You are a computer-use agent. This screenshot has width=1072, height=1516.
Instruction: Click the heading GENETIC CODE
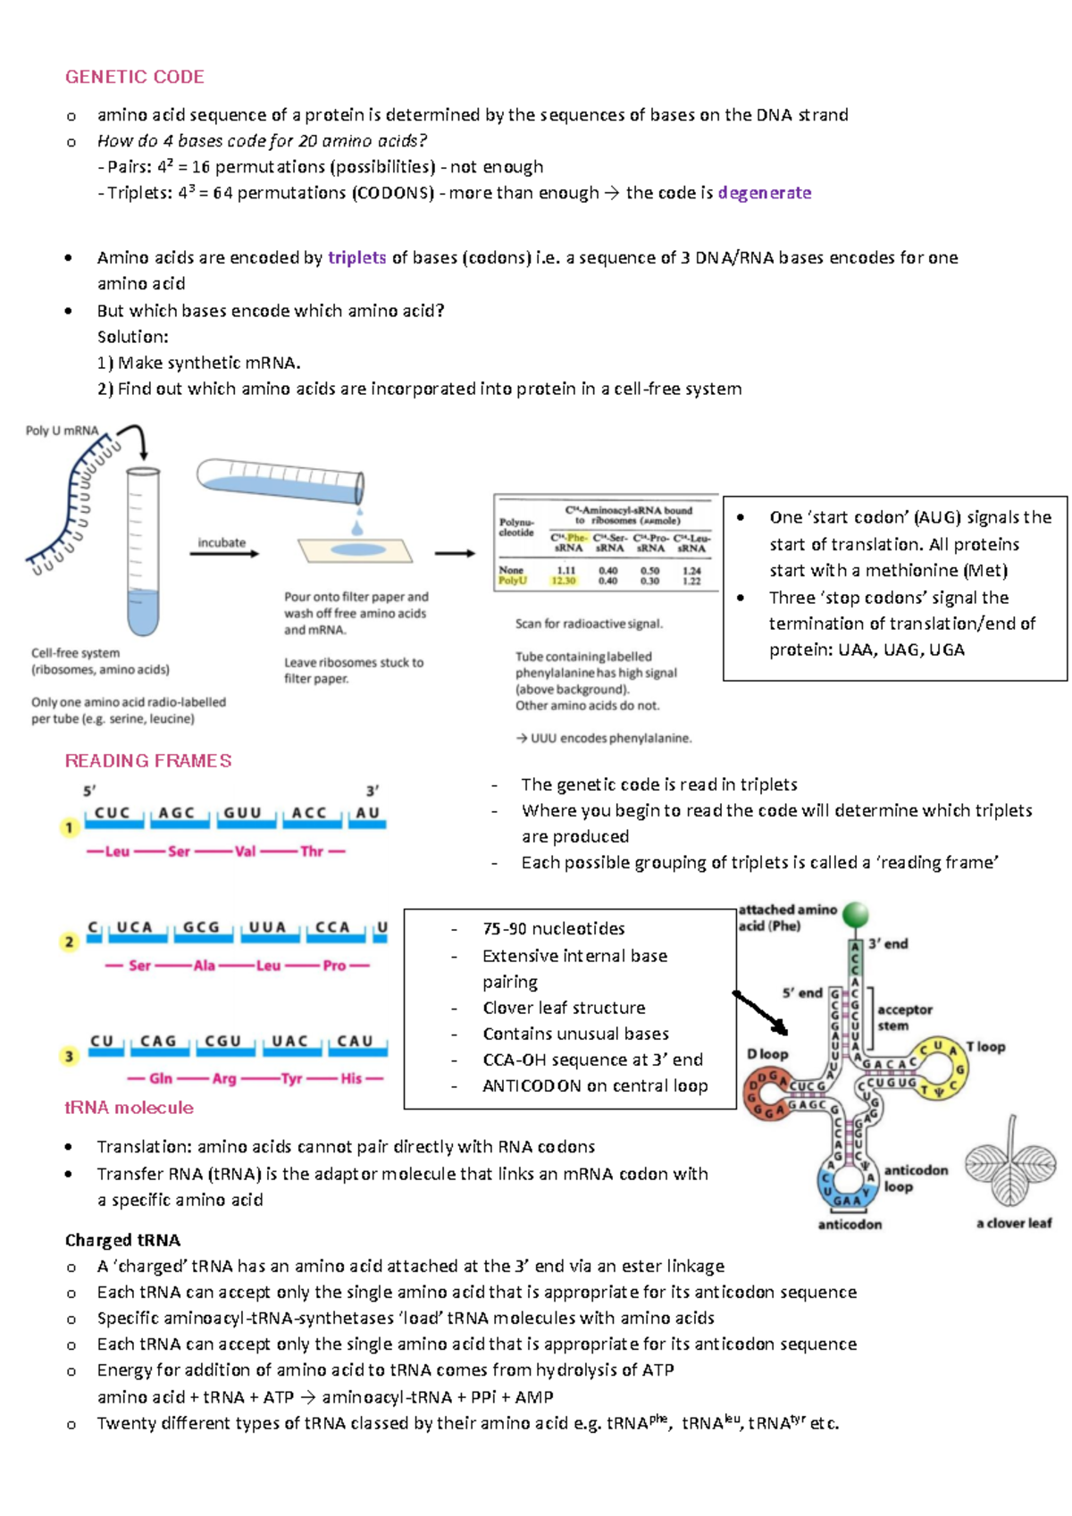coord(134,77)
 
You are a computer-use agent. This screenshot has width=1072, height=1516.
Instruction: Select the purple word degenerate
coord(764,193)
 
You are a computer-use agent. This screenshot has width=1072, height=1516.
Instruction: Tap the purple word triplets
coord(356,258)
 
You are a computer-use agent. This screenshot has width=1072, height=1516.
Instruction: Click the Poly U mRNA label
coord(62,431)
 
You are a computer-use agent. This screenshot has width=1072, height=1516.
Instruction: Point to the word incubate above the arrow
coord(222,542)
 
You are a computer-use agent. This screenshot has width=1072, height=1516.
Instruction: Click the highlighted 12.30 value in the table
coord(564,581)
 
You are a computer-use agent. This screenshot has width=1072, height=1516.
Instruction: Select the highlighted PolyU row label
coord(513,581)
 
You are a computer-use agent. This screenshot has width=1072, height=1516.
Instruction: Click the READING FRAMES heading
coord(148,761)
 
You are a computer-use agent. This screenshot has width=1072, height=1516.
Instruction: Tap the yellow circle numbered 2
coord(70,942)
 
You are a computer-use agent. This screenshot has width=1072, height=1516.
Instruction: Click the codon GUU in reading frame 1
coord(242,813)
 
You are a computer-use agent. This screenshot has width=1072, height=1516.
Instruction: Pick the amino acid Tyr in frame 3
coord(291,1079)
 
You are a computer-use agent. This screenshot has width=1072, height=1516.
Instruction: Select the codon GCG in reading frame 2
coord(201,927)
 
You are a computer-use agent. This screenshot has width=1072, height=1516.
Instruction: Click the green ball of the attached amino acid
coord(856,914)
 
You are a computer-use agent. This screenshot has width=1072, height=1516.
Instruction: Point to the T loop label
coord(986,1047)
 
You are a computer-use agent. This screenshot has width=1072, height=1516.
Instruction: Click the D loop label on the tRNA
coord(767,1054)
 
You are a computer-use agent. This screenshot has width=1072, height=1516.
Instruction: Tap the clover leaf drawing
coord(1010,1166)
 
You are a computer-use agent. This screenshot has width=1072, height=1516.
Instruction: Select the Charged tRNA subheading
coord(122,1240)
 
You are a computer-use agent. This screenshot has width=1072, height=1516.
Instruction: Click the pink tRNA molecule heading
coord(129,1108)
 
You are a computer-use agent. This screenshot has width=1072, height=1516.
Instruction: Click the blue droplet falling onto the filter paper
coord(358,528)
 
